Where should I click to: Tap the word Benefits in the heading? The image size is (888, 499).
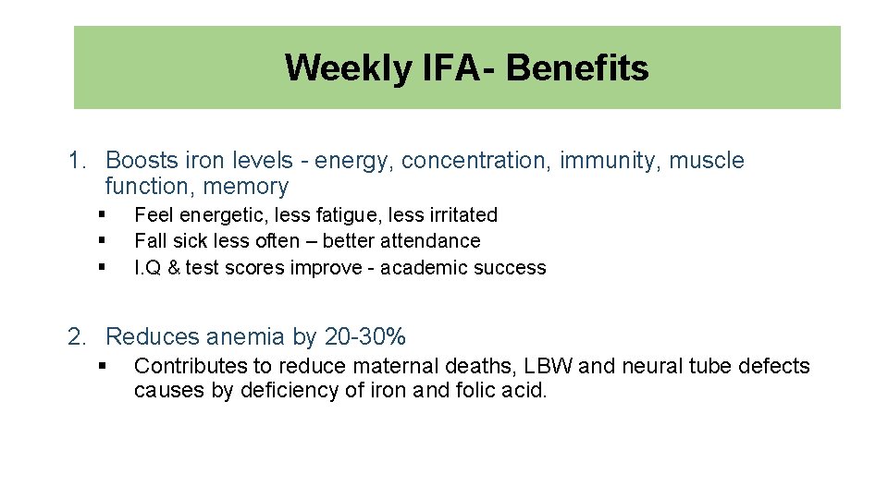point(577,68)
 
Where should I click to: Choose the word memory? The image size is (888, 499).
point(246,187)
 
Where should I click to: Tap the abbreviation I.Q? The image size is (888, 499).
point(146,268)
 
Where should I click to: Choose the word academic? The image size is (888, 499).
point(417,268)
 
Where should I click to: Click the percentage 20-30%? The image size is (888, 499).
point(365,337)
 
